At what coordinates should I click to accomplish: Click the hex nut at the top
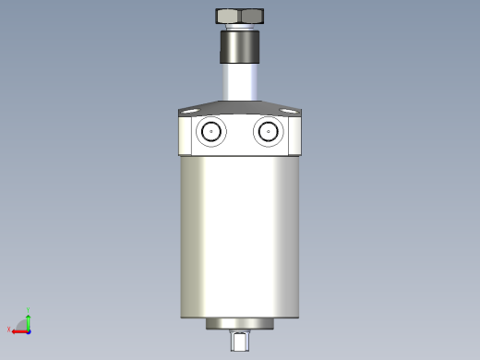[240, 16]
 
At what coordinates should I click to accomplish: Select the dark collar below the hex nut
[240, 45]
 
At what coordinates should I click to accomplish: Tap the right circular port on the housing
[269, 132]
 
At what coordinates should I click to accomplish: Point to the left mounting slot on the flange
[191, 110]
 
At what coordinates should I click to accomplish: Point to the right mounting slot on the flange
[291, 110]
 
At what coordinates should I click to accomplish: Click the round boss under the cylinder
[240, 324]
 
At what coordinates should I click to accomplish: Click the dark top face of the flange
[240, 107]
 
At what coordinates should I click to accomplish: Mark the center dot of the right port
[269, 132]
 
